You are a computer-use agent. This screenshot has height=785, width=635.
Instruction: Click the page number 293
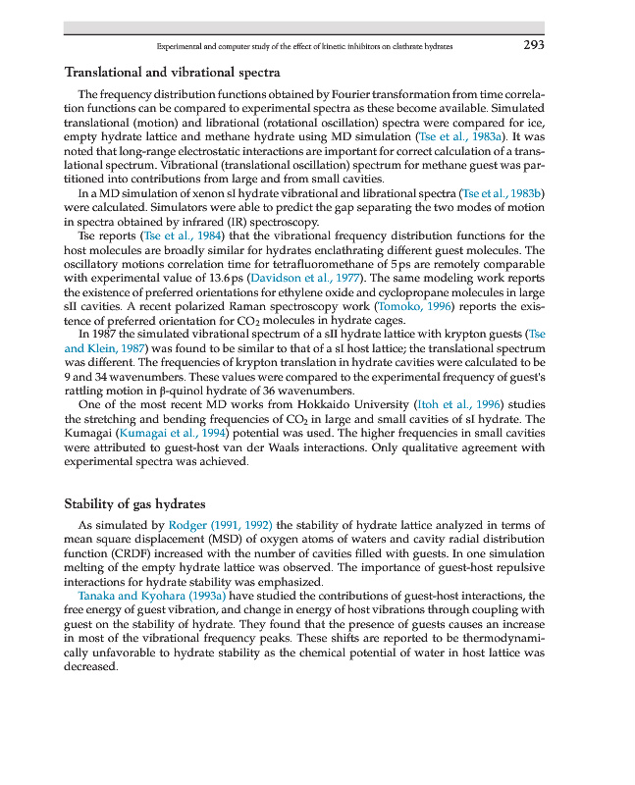point(533,45)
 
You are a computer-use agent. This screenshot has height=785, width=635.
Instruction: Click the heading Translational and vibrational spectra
point(172,73)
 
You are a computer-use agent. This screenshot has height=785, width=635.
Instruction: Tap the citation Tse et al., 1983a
point(459,136)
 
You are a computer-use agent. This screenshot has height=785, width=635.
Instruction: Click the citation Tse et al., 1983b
point(502,194)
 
